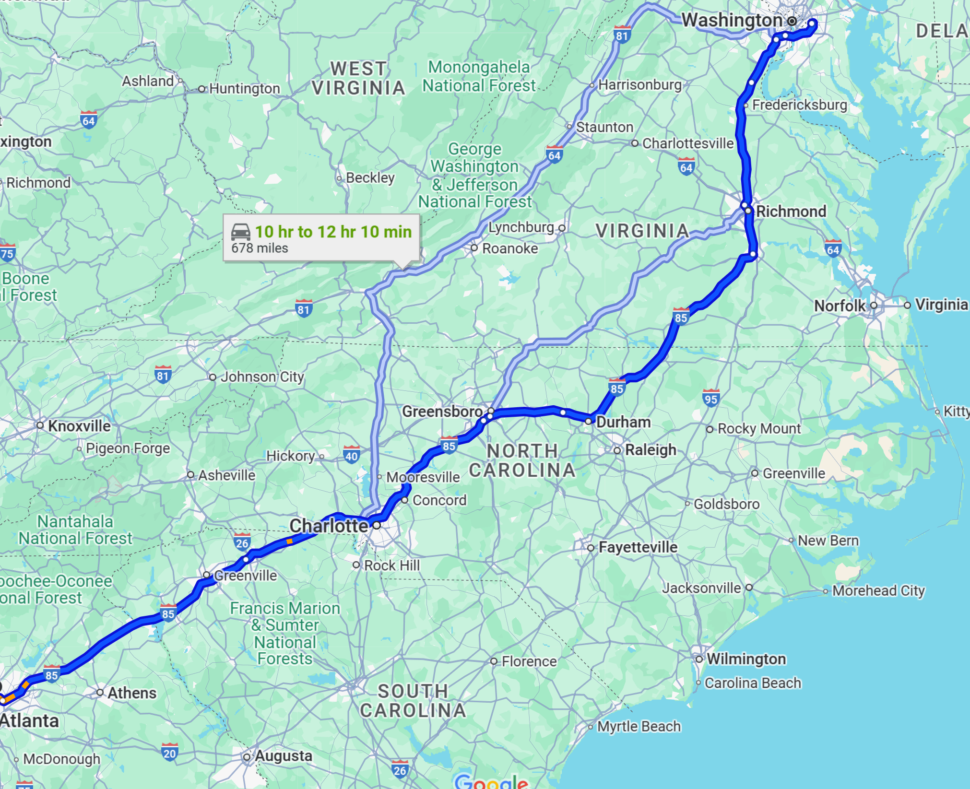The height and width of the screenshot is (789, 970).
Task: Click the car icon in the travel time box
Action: (241, 232)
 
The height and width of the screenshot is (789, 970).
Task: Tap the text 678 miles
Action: (260, 248)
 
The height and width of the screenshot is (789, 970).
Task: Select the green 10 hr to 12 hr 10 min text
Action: (333, 232)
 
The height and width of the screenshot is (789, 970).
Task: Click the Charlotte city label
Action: (329, 526)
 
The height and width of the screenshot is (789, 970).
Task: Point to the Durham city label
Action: (623, 422)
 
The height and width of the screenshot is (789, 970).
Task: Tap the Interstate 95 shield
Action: (711, 398)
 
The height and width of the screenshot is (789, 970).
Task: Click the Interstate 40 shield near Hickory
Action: (352, 455)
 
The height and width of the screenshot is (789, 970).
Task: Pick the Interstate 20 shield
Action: (169, 752)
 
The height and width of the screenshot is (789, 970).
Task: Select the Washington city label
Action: (732, 20)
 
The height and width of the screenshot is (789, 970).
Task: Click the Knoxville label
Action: (79, 426)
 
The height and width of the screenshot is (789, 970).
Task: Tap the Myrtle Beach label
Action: (639, 727)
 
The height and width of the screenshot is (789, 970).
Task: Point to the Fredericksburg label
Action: (799, 105)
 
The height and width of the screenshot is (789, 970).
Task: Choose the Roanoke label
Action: (510, 248)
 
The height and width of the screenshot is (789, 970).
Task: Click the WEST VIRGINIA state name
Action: (358, 78)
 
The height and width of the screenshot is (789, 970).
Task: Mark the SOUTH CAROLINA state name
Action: (413, 701)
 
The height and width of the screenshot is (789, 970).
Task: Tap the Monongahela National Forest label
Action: (478, 76)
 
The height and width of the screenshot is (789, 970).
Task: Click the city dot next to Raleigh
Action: (617, 450)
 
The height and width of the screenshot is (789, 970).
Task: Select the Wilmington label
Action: (746, 659)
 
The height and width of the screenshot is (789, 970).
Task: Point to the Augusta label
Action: (283, 756)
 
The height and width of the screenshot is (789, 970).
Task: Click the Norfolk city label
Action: (840, 306)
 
